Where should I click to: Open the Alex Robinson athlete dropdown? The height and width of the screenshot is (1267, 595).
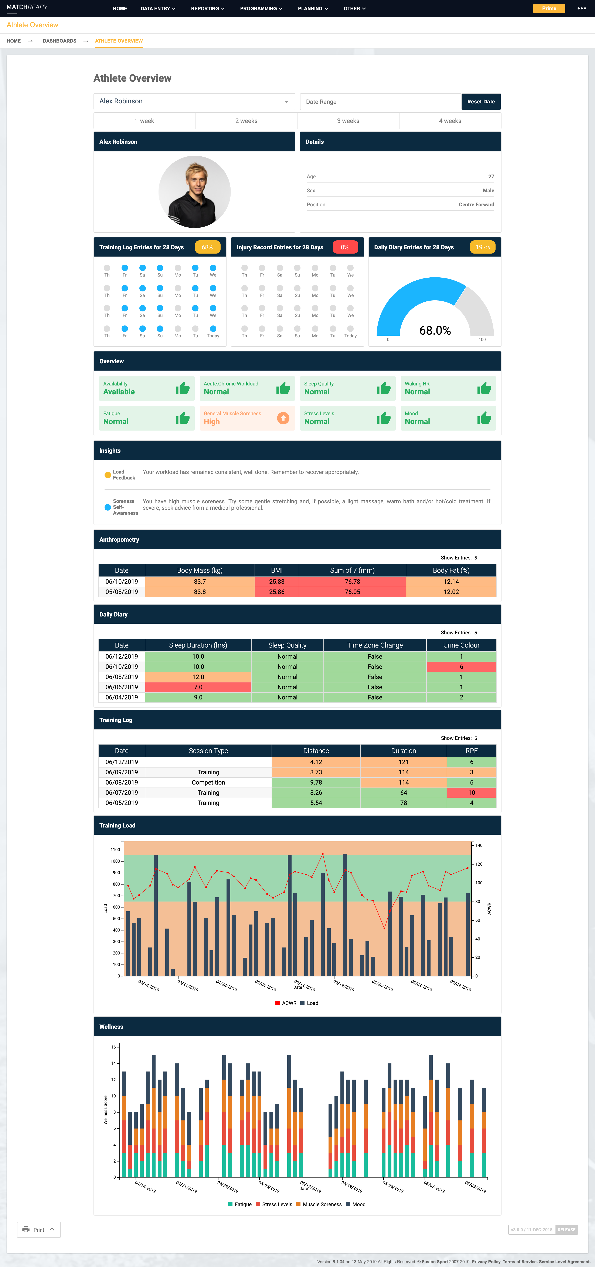pos(194,101)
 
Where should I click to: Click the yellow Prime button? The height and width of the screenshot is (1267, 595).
pos(549,8)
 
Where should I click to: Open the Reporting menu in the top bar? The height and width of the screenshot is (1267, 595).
pos(207,8)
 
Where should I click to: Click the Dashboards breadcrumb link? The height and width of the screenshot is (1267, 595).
pos(59,41)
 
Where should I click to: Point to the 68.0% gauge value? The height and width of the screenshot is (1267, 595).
pos(435,331)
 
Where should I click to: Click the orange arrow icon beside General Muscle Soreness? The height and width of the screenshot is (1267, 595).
pos(283,418)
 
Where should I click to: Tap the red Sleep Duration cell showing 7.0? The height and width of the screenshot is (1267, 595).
pos(198,687)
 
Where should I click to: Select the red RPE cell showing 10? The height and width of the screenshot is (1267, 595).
pos(471,792)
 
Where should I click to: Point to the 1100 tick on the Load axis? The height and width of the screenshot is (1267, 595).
pos(115,849)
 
